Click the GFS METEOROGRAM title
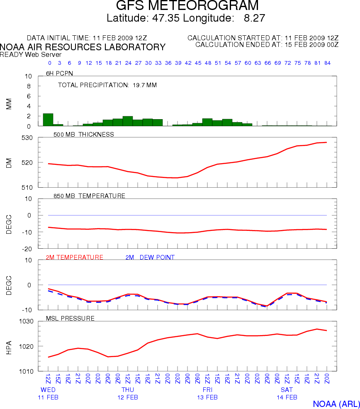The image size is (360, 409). [x=187, y=6]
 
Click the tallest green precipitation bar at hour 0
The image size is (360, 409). [x=48, y=120]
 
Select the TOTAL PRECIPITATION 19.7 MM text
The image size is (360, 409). [x=107, y=85]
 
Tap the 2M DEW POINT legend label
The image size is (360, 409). [x=150, y=257]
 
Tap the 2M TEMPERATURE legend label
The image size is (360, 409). [x=75, y=257]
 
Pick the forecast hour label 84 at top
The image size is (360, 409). [x=327, y=63]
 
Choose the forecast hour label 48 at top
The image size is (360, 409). [x=207, y=63]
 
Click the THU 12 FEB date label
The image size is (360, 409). [x=128, y=394]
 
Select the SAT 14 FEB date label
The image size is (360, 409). [x=287, y=394]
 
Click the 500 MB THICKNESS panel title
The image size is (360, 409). [x=84, y=134]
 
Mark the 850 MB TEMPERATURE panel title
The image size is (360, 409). [x=89, y=196]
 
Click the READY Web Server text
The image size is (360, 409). [x=31, y=54]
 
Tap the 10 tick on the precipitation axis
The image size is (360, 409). [x=28, y=76]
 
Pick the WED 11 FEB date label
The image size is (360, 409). [x=48, y=394]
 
